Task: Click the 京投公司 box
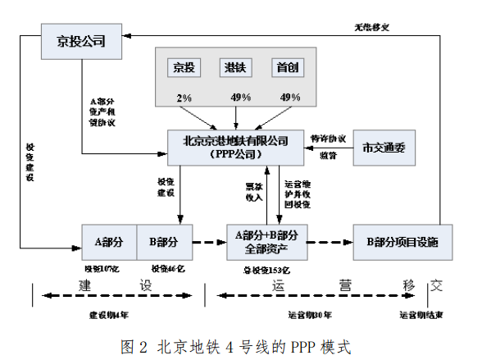80,40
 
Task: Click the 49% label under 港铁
239,98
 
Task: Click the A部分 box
109,242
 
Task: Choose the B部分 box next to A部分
164,242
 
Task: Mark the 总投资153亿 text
266,268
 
